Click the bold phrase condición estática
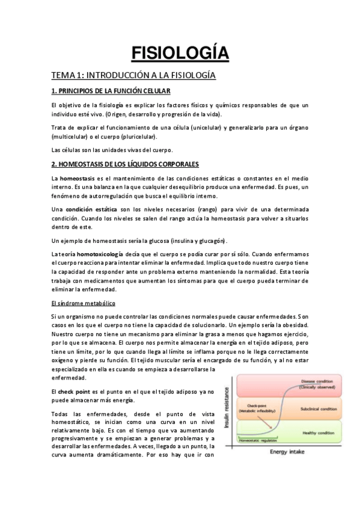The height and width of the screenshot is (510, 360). coord(85,208)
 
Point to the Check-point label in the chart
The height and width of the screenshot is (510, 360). coord(249,406)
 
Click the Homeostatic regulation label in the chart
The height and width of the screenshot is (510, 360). coord(257,440)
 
